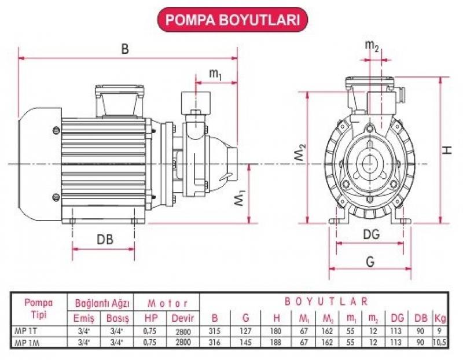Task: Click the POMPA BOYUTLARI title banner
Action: point(232,20)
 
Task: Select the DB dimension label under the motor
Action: point(105,238)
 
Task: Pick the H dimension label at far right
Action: point(447,149)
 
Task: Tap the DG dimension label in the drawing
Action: point(371,234)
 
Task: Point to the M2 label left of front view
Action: point(299,155)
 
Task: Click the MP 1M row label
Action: point(24,342)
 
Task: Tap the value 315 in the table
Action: point(215,331)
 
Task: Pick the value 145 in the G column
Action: point(246,342)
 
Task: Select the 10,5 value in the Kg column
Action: point(441,342)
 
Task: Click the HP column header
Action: point(150,318)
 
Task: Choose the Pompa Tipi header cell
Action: point(38,309)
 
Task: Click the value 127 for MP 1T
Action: point(246,331)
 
